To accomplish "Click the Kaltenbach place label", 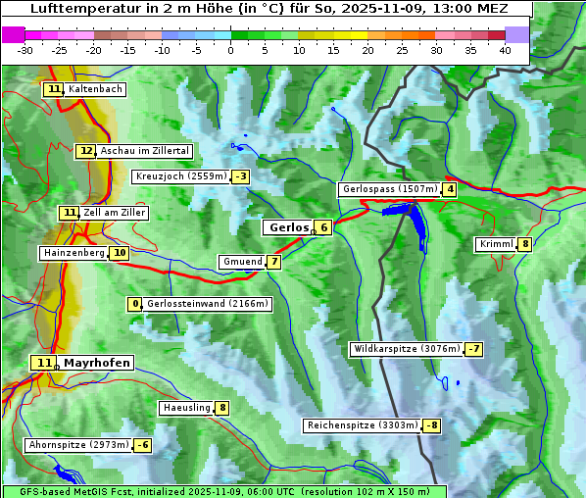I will pyautogui.click(x=95, y=89).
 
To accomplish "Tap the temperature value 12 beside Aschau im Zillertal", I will pyautogui.click(x=86, y=151).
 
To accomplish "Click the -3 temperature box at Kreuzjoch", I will pyautogui.click(x=240, y=176).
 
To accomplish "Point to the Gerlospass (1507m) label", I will pyautogui.click(x=388, y=189).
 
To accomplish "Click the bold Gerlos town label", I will pyautogui.click(x=287, y=227).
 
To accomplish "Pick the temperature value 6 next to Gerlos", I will pyautogui.click(x=323, y=227).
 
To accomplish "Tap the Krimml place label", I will pyautogui.click(x=496, y=244).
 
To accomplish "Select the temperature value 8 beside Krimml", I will pyautogui.click(x=525, y=244).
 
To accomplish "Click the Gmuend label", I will pyautogui.click(x=241, y=262).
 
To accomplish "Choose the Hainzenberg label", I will pyautogui.click(x=73, y=253).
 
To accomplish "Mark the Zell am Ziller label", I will pyautogui.click(x=115, y=213).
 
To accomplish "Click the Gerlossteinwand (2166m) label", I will pyautogui.click(x=207, y=304).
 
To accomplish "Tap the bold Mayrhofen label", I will pyautogui.click(x=96, y=363).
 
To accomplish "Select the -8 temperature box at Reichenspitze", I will pyautogui.click(x=431, y=425).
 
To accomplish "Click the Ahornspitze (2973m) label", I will pyautogui.click(x=78, y=445).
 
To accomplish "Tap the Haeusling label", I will pyautogui.click(x=185, y=408).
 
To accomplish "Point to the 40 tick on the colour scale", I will pyautogui.click(x=505, y=50).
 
